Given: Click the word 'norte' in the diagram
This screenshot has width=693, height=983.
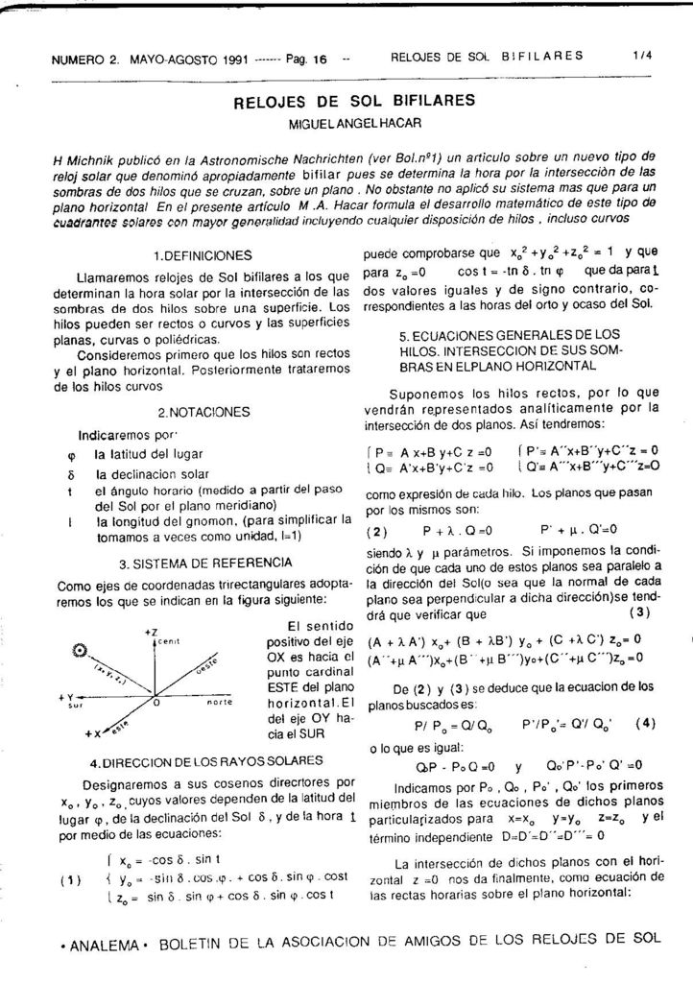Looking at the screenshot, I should click(221, 703).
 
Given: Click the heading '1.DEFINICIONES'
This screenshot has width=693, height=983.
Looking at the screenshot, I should click(203, 256).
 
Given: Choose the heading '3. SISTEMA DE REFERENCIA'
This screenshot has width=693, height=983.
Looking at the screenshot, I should click(203, 563).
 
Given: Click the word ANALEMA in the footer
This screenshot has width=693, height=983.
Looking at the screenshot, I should click(99, 946).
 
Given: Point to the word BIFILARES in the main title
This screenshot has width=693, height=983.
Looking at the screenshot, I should click(421, 101).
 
